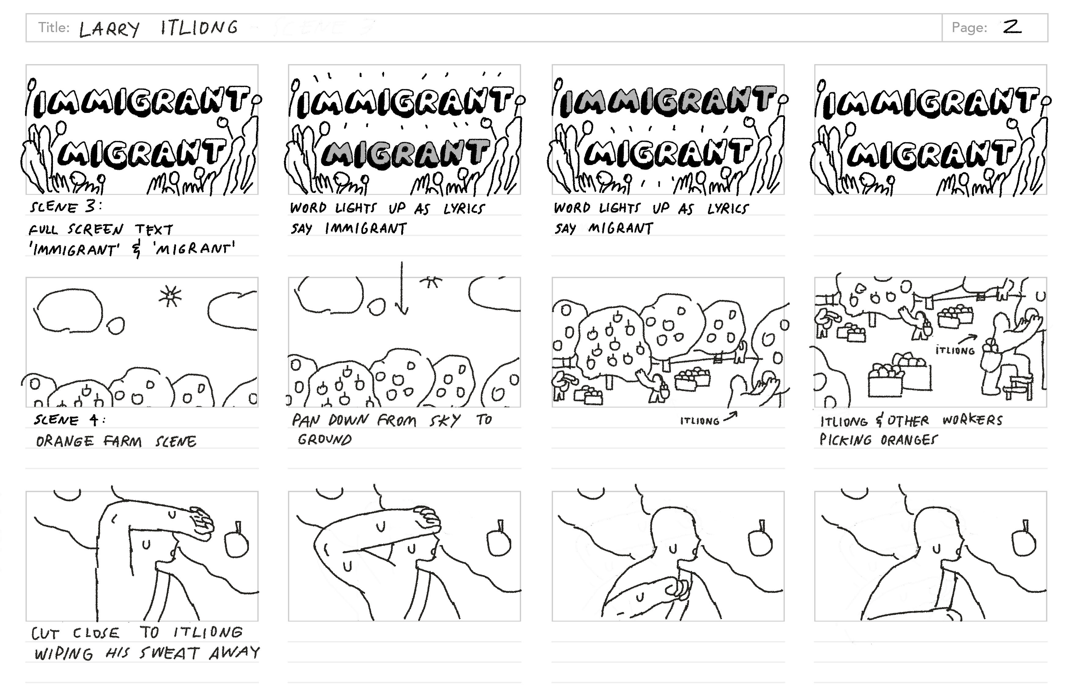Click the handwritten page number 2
coord(1012,28)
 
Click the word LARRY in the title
coord(109,29)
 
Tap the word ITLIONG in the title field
coord(199,28)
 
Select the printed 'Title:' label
coord(54,28)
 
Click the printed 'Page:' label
coord(969,28)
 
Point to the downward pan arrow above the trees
coord(401,288)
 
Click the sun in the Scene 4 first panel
coord(170,296)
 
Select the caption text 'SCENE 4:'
coord(70,420)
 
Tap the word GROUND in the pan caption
coord(324,439)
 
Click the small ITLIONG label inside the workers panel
coord(955,350)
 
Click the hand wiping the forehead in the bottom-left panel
coord(201,523)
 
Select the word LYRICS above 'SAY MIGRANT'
coord(728,209)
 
